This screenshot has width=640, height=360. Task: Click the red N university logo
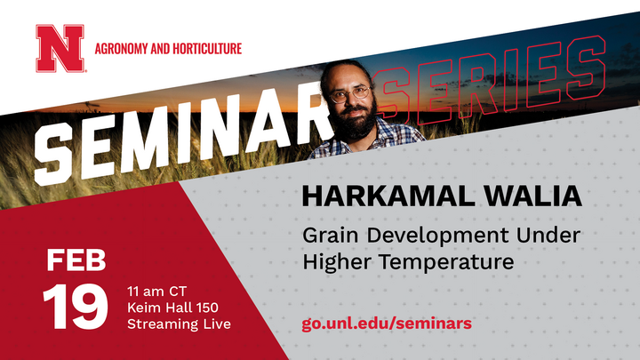[60, 48]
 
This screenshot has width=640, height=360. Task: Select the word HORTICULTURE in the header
[206, 48]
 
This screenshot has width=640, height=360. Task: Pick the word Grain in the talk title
[332, 237]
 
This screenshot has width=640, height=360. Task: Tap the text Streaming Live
[179, 324]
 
